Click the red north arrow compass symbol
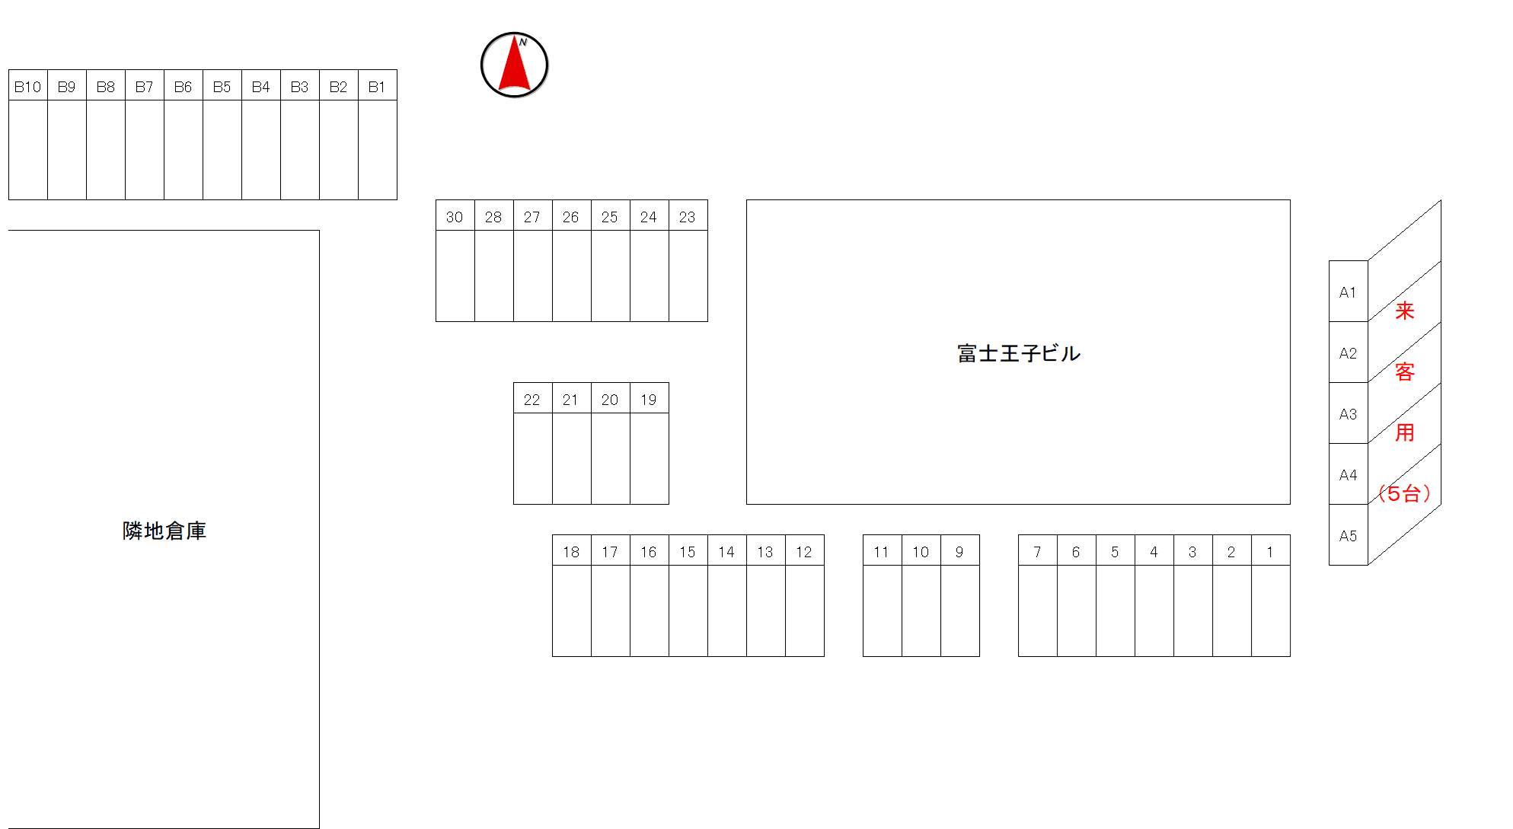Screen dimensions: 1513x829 [x=515, y=65]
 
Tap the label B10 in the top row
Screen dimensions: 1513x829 [x=27, y=87]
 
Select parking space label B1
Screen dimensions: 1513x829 [x=377, y=87]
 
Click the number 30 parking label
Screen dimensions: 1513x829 [x=455, y=217]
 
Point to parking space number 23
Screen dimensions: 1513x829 [x=688, y=217]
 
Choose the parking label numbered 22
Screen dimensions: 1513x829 [x=532, y=400]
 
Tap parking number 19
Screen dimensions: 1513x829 [x=649, y=400]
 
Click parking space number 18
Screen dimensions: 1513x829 [x=571, y=552]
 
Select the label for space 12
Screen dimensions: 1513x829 [x=804, y=552]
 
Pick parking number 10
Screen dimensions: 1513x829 [x=921, y=552]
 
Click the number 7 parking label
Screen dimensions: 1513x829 [x=1037, y=552]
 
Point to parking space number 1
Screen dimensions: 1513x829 [x=1270, y=552]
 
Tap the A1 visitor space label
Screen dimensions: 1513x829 [x=1348, y=292]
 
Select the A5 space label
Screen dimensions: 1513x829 [x=1348, y=536]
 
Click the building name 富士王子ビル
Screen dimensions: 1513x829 [x=1019, y=353]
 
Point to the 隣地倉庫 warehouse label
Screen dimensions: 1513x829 [x=164, y=531]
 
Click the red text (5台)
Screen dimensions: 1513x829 [x=1405, y=493]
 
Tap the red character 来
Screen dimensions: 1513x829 [x=1405, y=311]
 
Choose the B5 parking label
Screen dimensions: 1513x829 [x=222, y=87]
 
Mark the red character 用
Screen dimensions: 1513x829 [x=1405, y=432]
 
